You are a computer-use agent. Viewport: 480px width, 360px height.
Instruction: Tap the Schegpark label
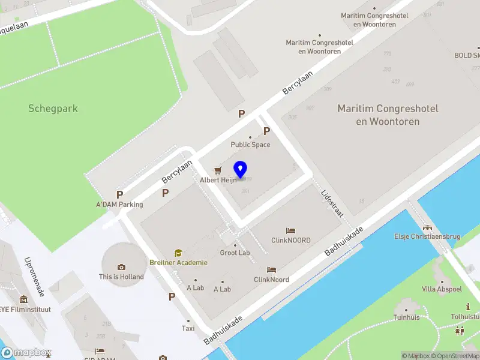click(53, 109)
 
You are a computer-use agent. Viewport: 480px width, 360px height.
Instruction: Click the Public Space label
click(250, 145)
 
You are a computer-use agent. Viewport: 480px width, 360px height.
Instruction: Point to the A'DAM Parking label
click(119, 204)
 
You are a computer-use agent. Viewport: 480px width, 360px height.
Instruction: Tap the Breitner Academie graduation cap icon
click(178, 253)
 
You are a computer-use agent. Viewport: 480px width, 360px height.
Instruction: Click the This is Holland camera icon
click(122, 267)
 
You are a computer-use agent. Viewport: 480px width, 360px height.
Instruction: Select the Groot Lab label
click(235, 253)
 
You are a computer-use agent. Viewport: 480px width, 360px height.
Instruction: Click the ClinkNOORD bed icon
click(290, 230)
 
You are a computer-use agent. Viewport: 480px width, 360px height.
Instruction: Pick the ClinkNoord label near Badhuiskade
click(271, 280)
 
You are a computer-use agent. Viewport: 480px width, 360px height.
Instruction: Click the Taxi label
click(188, 328)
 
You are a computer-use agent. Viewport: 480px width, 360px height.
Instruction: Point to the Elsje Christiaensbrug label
click(427, 236)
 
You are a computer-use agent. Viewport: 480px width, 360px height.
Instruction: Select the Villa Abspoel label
click(442, 289)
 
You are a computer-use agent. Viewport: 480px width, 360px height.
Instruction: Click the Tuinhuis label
click(406, 317)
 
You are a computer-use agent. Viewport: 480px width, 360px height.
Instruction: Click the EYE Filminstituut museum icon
click(23, 299)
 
